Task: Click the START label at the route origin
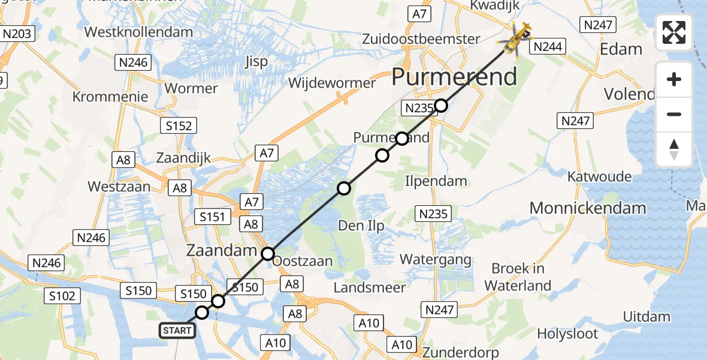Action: point(177,330)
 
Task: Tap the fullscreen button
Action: point(674,32)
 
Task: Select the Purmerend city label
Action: point(454,77)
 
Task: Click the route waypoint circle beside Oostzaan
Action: point(268,253)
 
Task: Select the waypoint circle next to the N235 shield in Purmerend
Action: point(441,106)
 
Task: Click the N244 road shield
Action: point(548,46)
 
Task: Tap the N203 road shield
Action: point(17,34)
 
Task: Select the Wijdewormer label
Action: point(332,83)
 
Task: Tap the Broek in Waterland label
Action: point(518,277)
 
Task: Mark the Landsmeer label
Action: point(369,288)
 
